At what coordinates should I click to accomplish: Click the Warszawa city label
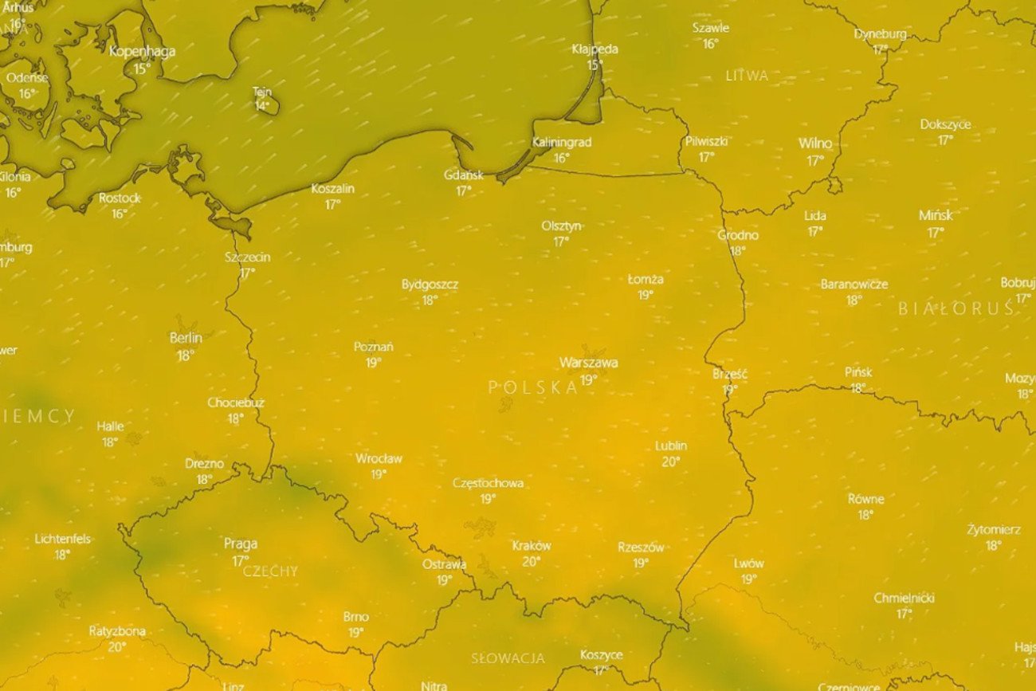(x=588, y=363)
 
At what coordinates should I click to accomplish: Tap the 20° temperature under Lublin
(x=671, y=461)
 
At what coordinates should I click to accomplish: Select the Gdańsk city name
(x=464, y=175)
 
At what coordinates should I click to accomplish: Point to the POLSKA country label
(x=533, y=388)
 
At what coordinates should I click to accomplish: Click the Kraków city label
(x=532, y=546)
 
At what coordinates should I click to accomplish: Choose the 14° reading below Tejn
(x=261, y=106)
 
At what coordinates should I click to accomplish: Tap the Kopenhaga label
(x=142, y=52)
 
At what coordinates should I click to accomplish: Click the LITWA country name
(x=747, y=77)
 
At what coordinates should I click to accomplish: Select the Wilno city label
(x=814, y=144)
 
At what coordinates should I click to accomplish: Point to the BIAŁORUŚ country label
(x=956, y=309)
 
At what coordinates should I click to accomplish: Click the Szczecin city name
(x=248, y=257)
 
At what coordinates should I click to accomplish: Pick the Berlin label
(x=186, y=338)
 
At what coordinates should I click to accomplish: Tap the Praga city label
(x=240, y=544)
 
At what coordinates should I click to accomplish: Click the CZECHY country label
(x=270, y=571)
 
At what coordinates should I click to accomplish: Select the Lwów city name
(x=748, y=563)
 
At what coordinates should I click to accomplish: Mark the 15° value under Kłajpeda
(x=595, y=65)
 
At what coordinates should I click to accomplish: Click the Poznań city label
(x=373, y=347)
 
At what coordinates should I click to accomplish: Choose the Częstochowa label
(x=488, y=483)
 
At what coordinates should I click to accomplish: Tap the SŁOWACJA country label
(x=508, y=658)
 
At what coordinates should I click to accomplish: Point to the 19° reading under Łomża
(x=645, y=295)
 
